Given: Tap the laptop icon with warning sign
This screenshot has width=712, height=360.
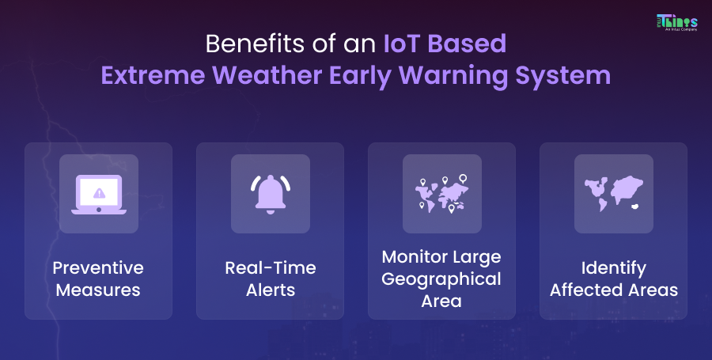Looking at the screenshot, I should [98, 194].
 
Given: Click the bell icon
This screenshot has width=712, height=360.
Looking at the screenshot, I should [270, 194].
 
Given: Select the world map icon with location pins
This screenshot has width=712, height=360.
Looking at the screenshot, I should [441, 194].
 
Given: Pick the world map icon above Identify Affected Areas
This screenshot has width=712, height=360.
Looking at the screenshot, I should [613, 194].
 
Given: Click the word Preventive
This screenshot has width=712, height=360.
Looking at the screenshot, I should [98, 268].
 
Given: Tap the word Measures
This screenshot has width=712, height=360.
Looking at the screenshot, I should [98, 290].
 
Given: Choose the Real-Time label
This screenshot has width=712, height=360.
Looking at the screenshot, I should [270, 268].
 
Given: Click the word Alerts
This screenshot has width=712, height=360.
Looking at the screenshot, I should [270, 290].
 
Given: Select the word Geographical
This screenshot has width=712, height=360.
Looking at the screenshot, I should [441, 279].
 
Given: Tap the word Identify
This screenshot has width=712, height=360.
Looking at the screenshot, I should [613, 268].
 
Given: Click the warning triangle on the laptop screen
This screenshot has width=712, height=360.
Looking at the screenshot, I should [98, 192].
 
